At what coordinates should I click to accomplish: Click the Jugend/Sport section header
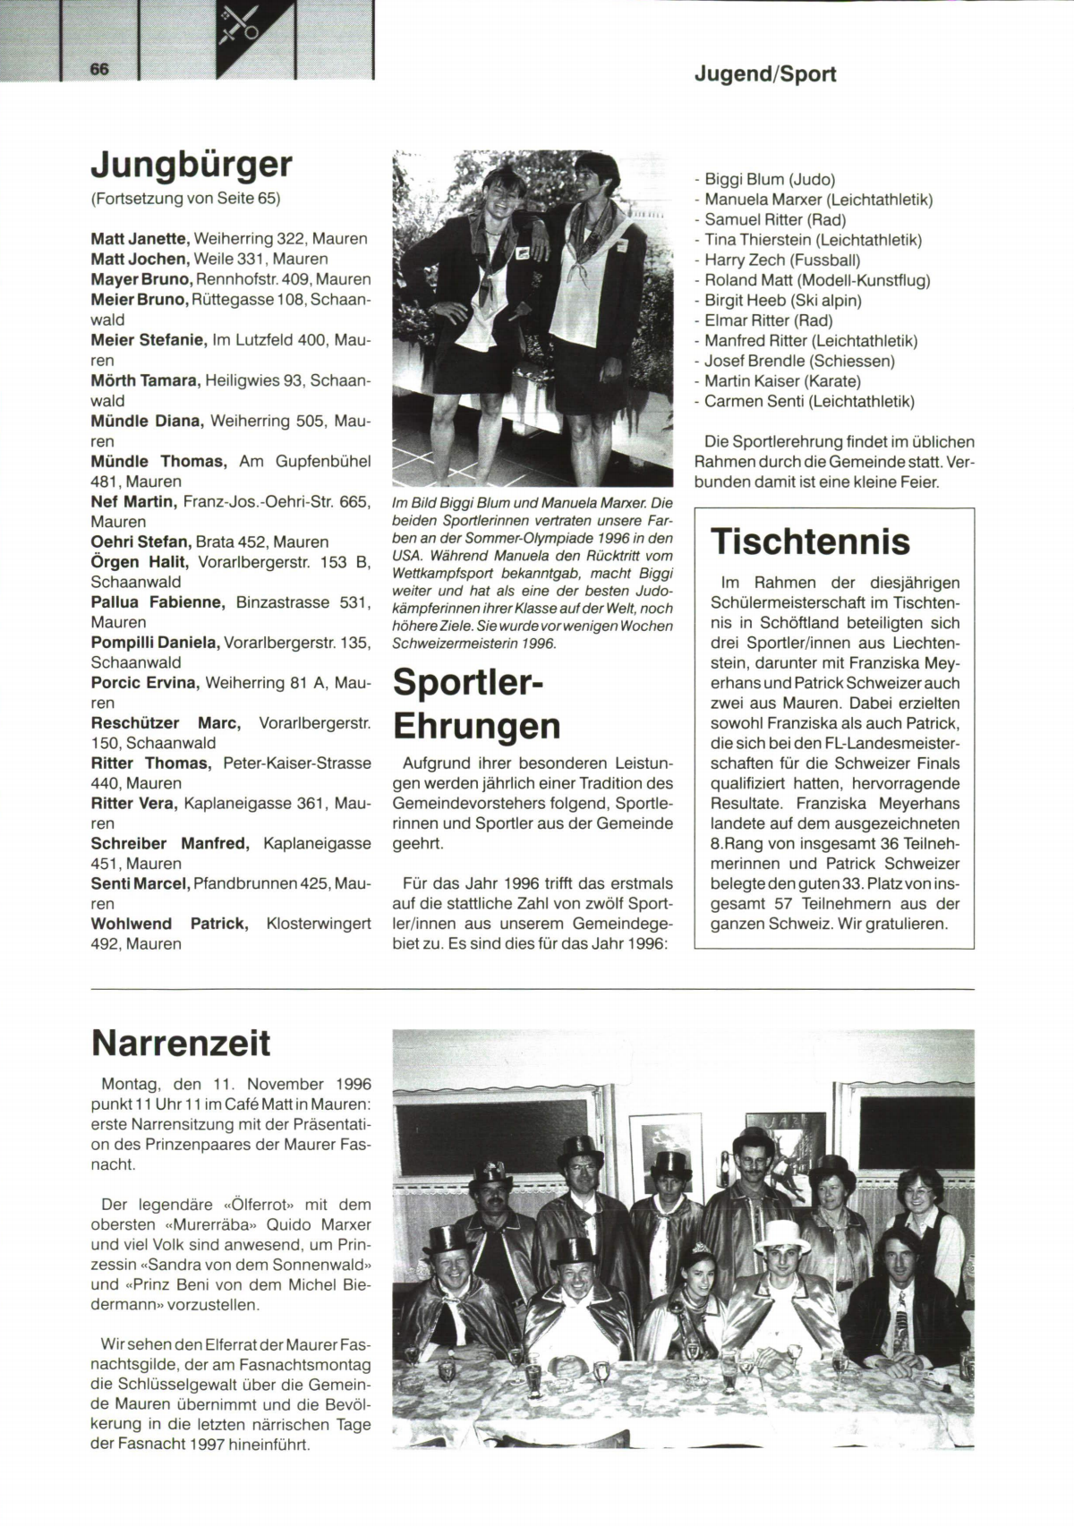pos(764,74)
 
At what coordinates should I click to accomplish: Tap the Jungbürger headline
pos(192,164)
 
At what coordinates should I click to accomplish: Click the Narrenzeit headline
pos(180,1043)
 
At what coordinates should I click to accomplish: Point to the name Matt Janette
pos(140,239)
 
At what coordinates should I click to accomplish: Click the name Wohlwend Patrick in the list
pos(168,923)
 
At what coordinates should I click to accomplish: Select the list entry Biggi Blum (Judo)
pos(769,179)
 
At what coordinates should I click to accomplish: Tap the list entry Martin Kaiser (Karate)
pos(781,381)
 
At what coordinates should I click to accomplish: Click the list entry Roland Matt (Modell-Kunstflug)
pos(816,280)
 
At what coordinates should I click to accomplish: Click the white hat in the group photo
pos(780,1235)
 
